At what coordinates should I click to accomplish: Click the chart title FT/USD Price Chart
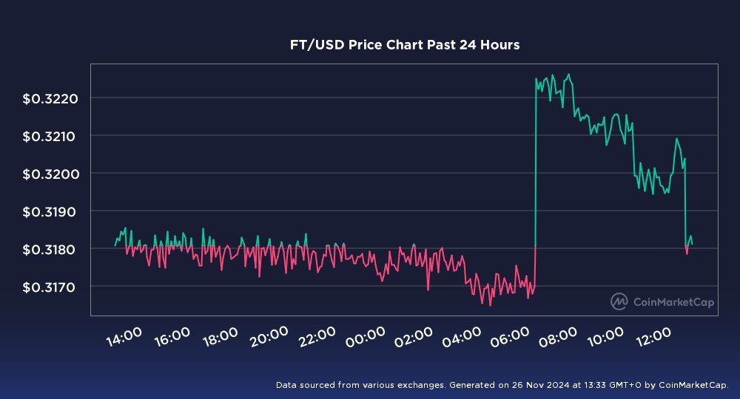404,45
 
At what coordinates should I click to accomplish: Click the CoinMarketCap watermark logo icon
619,301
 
